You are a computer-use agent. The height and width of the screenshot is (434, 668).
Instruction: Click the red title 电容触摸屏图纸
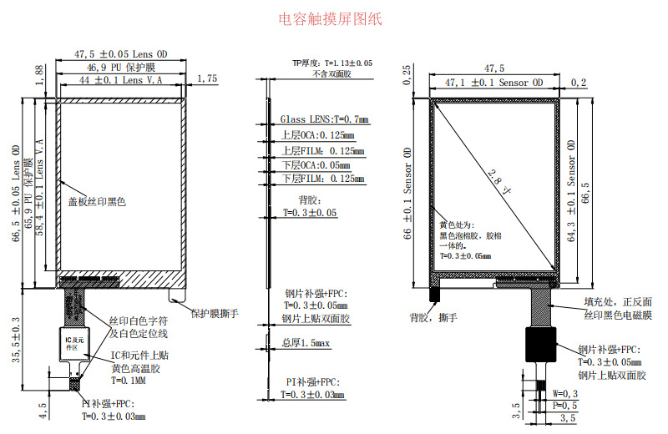pyautogui.click(x=330, y=18)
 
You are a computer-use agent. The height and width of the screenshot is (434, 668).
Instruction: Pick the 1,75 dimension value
pyautogui.click(x=206, y=78)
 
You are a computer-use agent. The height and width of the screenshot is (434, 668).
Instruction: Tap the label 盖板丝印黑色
pyautogui.click(x=97, y=203)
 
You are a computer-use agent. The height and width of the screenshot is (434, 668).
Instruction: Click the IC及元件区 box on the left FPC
pyautogui.click(x=75, y=342)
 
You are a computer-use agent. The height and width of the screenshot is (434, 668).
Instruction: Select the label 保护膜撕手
pyautogui.click(x=215, y=314)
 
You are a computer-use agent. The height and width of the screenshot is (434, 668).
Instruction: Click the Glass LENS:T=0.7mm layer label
pyautogui.click(x=324, y=120)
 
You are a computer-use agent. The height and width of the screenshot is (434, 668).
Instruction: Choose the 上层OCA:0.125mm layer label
pyautogui.click(x=316, y=135)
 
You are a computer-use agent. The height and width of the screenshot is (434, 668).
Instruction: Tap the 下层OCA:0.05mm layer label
pyautogui.click(x=316, y=165)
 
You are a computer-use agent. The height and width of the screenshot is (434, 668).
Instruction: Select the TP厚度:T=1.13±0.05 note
pyautogui.click(x=331, y=63)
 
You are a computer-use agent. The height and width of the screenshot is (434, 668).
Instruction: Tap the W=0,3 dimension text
pyautogui.click(x=566, y=393)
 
